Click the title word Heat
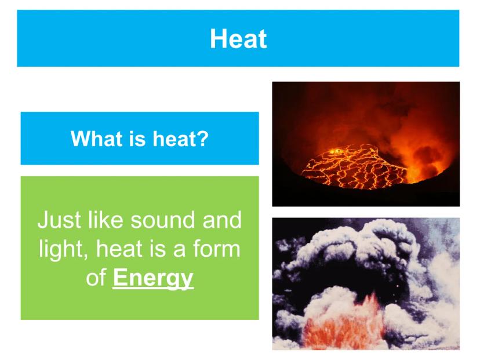pyautogui.click(x=238, y=39)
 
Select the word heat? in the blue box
pyautogui.click(x=181, y=139)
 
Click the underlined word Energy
pyautogui.click(x=153, y=278)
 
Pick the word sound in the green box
pyautogui.click(x=162, y=220)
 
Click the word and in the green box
pyautogui.click(x=222, y=220)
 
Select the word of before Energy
pyautogui.click(x=96, y=277)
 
